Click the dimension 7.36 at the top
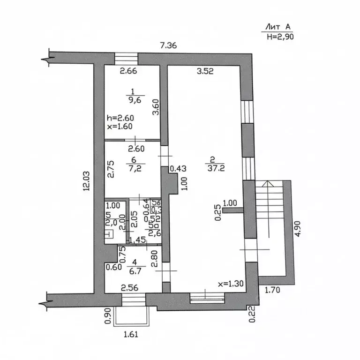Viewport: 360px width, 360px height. click(169, 45)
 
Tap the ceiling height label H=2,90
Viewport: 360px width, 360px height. click(279, 37)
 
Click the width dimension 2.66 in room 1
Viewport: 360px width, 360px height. click(127, 72)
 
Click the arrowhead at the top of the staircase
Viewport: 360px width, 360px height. click(268, 184)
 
